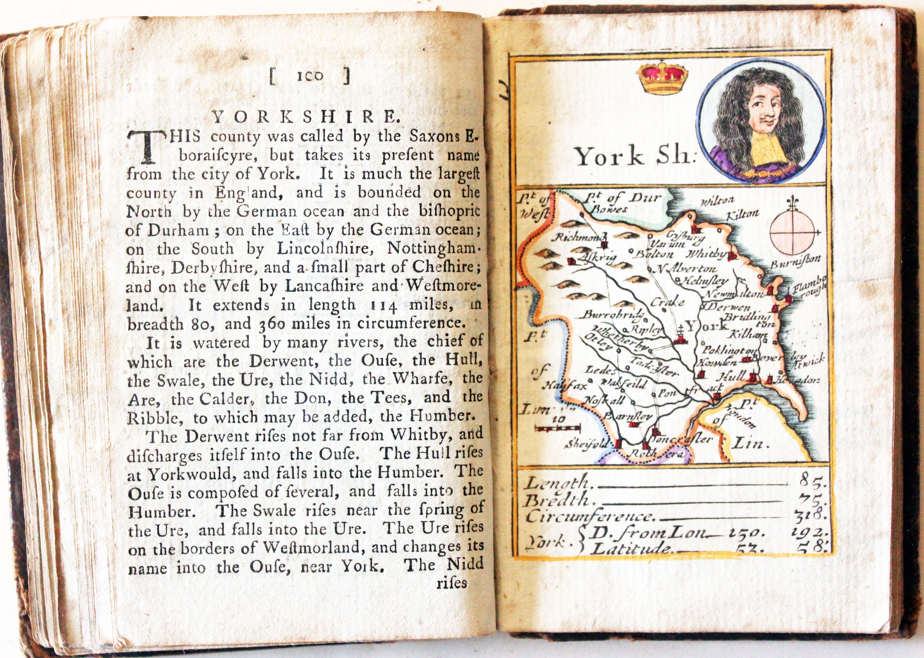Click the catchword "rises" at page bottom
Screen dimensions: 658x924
tap(452, 583)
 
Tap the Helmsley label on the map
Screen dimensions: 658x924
tap(705, 280)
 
